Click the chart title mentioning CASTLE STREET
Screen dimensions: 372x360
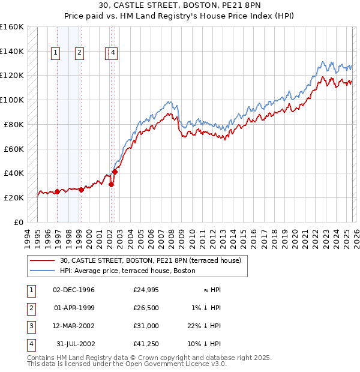tap(180, 6)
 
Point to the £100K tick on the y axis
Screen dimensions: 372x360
tap(12, 100)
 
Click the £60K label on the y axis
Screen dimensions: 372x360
tap(14, 149)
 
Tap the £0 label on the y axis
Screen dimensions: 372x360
tap(19, 222)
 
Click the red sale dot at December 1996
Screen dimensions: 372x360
tap(57, 191)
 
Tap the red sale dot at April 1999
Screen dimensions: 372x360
tap(81, 190)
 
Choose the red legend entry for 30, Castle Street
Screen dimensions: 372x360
tap(150, 260)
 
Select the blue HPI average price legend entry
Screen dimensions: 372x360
tap(127, 271)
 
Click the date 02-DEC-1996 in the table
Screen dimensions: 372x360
tap(74, 290)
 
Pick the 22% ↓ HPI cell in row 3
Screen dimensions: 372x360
tap(205, 326)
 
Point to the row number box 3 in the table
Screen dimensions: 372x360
tap(31, 326)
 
